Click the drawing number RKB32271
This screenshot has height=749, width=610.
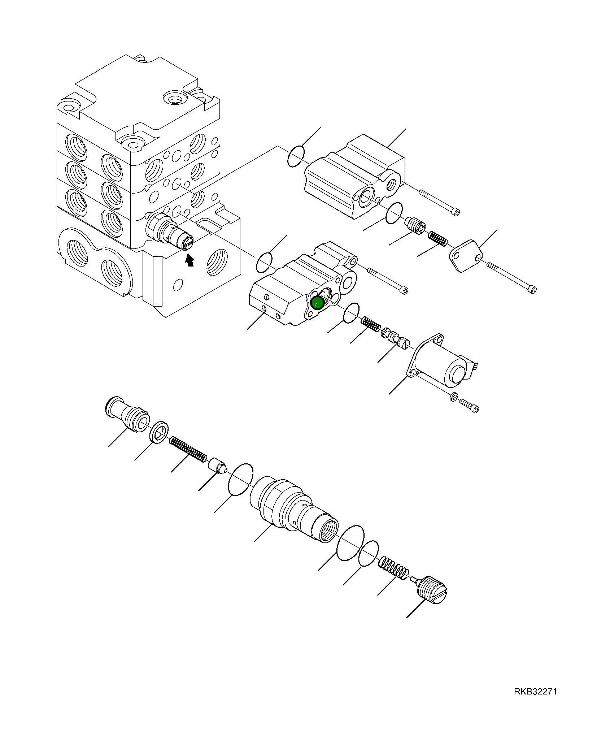click(535, 692)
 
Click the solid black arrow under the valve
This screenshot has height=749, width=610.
click(189, 260)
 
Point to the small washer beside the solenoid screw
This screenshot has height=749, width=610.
click(454, 397)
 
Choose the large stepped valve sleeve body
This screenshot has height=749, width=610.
click(292, 509)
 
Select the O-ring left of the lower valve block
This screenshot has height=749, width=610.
click(264, 263)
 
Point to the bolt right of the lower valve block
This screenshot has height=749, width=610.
click(388, 281)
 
